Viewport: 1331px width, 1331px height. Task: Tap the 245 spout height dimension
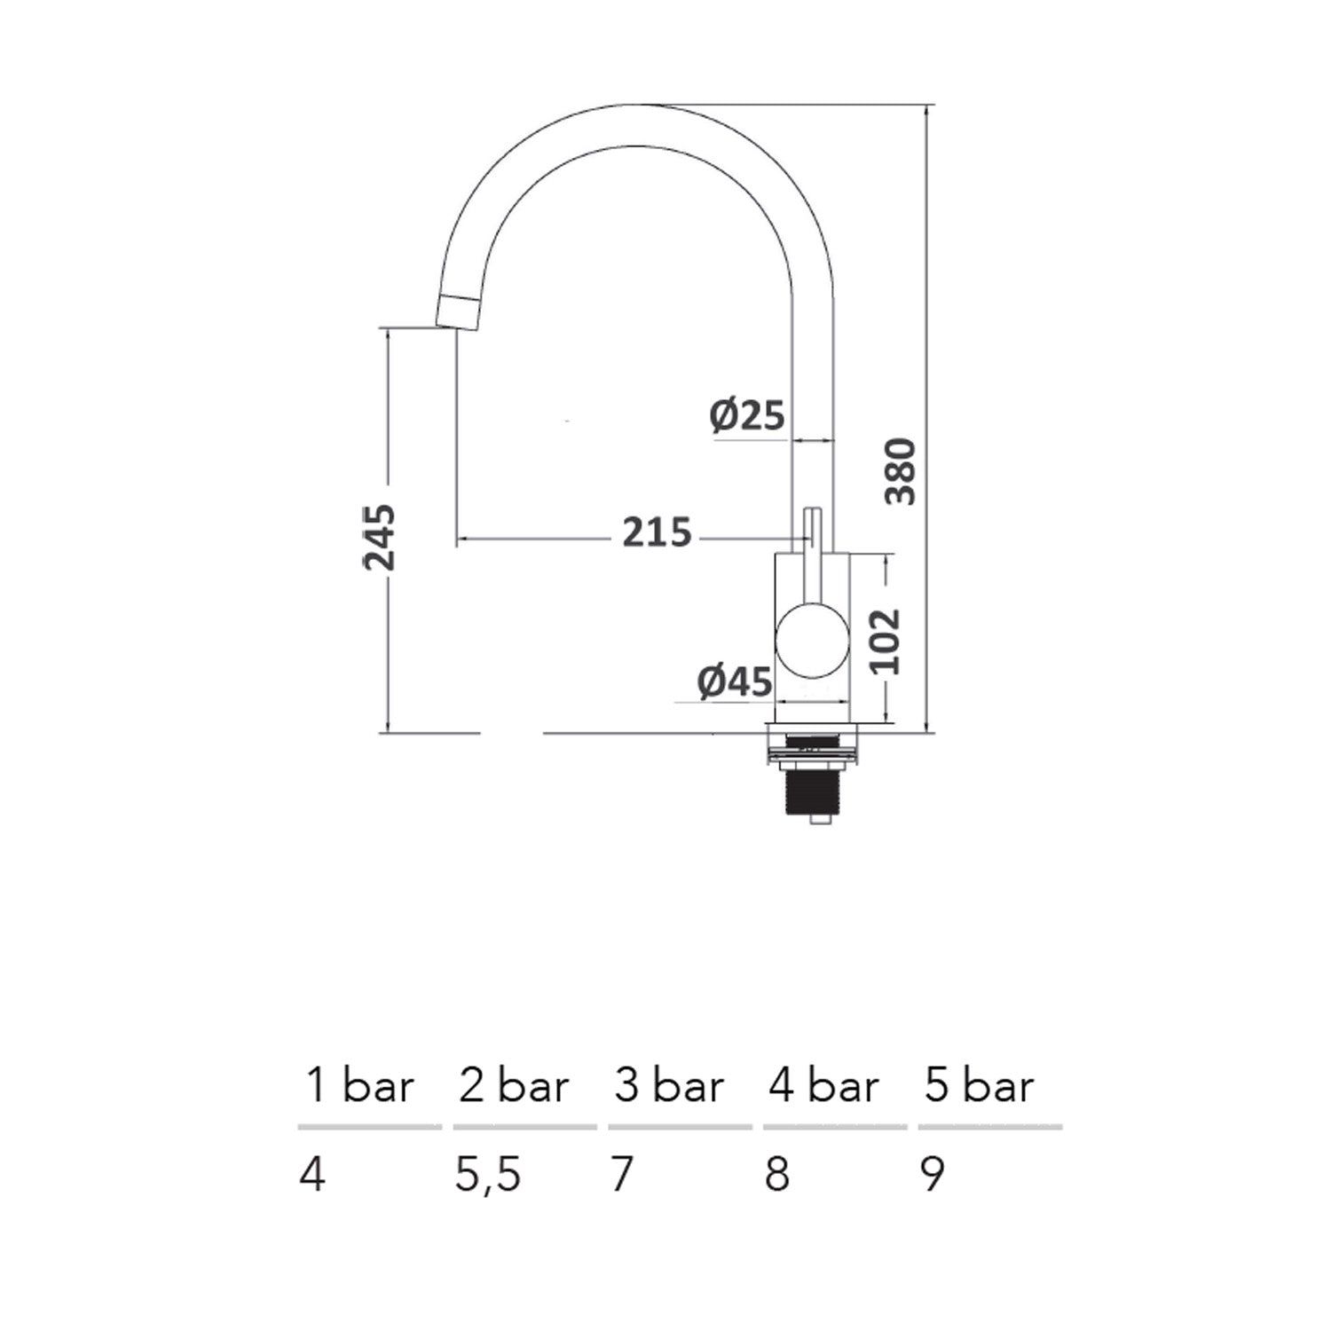(x=380, y=537)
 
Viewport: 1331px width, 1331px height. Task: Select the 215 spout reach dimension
(x=656, y=532)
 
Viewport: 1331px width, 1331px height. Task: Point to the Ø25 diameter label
(x=748, y=414)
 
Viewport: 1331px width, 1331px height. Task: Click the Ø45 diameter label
(x=735, y=682)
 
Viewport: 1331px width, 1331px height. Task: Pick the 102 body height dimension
(x=885, y=641)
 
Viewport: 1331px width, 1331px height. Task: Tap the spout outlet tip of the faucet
(x=459, y=312)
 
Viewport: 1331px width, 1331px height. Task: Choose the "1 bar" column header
(x=359, y=1086)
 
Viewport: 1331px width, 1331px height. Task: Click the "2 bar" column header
(x=514, y=1086)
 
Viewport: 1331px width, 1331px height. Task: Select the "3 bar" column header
(x=669, y=1086)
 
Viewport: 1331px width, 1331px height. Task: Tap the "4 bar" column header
(x=823, y=1086)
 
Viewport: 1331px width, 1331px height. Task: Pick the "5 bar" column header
(x=979, y=1086)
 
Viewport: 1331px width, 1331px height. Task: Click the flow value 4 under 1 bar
(x=312, y=1175)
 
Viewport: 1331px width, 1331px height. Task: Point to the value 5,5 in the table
(x=488, y=1176)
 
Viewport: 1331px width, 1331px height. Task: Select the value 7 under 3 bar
(x=622, y=1175)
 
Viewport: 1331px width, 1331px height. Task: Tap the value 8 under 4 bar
(x=777, y=1175)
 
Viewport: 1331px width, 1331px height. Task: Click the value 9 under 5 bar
(x=933, y=1175)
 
